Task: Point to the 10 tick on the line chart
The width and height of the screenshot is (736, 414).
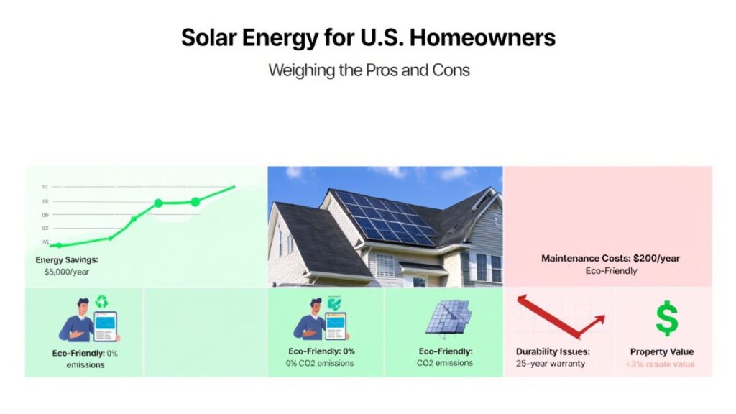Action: (45, 187)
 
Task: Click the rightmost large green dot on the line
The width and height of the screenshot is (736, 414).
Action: (195, 202)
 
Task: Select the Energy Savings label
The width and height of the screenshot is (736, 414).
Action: (67, 259)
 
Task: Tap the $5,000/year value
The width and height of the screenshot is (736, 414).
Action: (63, 272)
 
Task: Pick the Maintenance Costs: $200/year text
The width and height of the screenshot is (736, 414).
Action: (610, 257)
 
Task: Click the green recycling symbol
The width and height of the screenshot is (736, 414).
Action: (101, 302)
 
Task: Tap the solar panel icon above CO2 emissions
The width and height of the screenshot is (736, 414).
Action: (448, 316)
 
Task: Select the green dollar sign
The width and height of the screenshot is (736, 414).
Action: (666, 318)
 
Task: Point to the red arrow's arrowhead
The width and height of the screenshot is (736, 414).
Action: (596, 321)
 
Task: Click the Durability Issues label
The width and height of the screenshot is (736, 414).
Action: (553, 351)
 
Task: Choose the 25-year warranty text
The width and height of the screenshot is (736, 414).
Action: (551, 364)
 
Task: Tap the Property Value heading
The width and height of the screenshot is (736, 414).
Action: (662, 351)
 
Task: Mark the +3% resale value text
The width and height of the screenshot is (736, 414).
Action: (662, 364)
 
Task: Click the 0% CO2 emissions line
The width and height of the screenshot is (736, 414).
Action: (320, 363)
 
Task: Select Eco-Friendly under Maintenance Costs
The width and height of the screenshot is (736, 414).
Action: (610, 271)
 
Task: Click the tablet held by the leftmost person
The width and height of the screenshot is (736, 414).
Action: (106, 326)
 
